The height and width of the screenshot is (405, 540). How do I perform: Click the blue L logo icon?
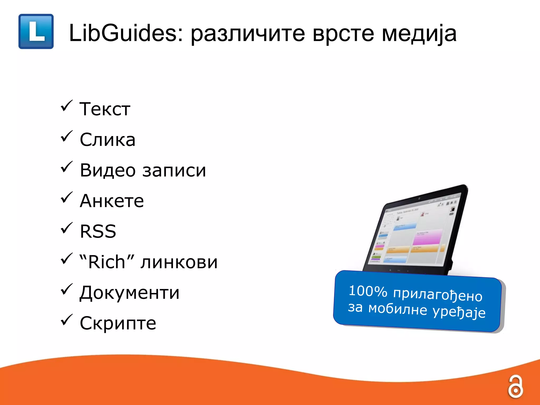coord(36,31)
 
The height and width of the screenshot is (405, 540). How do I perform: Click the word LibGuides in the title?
coord(126,33)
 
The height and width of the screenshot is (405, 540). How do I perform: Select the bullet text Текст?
coord(105,109)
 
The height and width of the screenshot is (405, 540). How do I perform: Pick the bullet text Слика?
coord(108,140)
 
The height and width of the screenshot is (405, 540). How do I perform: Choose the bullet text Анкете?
coord(112,201)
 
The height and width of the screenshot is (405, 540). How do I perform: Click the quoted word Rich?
coord(107,262)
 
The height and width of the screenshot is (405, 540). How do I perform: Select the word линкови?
coord(179,263)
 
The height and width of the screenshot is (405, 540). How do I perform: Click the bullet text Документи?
coord(129,293)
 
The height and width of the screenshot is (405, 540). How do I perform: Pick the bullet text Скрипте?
coord(118,323)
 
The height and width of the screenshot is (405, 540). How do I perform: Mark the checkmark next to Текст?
coord(66,106)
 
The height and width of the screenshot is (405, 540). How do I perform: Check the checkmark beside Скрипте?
coord(66,320)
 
